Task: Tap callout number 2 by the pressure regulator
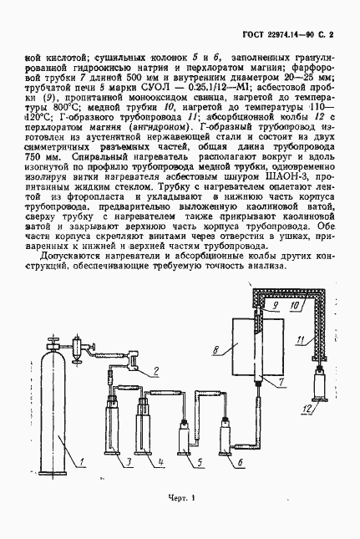[157, 371]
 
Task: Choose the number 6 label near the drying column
[240, 461]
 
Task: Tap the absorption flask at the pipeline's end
[319, 389]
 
